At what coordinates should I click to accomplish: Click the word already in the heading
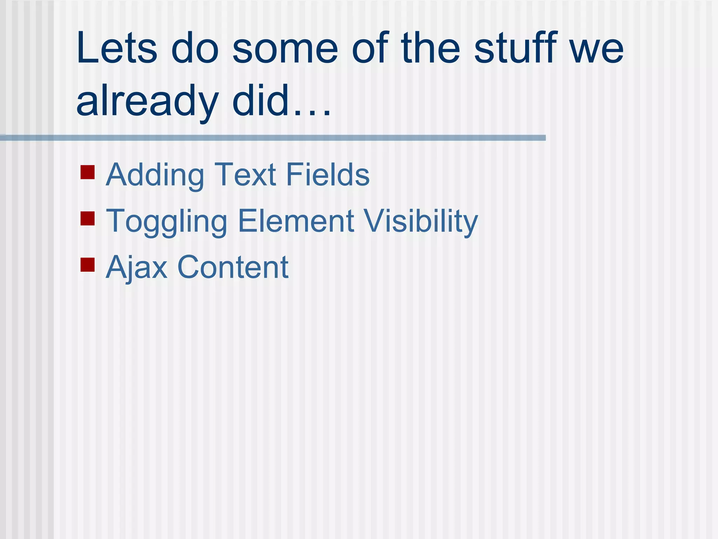coord(147,102)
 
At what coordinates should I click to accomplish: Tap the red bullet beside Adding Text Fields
coord(88,172)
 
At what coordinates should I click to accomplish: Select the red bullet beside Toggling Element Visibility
coord(88,218)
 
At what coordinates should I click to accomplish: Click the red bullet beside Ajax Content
coord(88,265)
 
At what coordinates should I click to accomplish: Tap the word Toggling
coord(167,222)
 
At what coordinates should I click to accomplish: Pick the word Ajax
coord(137,268)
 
